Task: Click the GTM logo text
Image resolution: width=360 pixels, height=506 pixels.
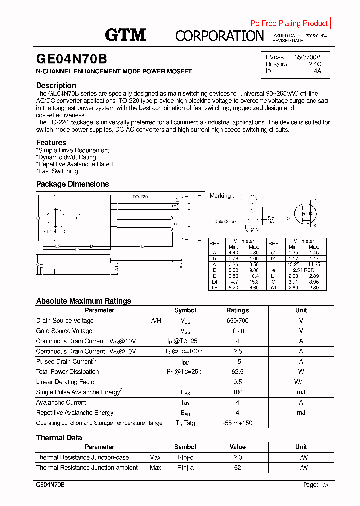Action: (125, 34)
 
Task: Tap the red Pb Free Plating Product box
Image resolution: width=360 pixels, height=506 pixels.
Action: (289, 23)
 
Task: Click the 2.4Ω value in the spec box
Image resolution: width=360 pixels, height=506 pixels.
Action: (314, 64)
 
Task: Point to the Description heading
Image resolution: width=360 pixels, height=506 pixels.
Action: (56, 85)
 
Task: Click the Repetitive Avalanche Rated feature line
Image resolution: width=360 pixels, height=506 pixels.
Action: (75, 164)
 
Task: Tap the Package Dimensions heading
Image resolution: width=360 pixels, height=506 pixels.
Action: (72, 184)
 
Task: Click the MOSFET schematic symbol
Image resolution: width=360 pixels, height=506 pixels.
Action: (306, 214)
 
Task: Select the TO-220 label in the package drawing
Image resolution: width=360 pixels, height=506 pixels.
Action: (140, 197)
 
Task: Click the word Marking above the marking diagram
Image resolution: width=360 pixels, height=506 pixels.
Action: (220, 196)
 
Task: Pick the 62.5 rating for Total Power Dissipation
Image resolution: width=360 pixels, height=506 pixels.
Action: (237, 372)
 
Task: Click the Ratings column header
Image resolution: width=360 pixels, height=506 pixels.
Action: (237, 310)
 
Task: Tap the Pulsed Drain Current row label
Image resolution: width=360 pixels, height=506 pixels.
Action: (65, 361)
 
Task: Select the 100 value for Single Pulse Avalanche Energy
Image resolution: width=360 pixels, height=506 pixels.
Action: (237, 392)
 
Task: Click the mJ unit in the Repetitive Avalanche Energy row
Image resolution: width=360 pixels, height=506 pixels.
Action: (301, 413)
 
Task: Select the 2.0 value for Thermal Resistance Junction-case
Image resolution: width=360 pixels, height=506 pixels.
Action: (237, 457)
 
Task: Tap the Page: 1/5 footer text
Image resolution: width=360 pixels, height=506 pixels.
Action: (316, 485)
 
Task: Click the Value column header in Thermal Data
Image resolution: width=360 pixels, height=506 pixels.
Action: (237, 447)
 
